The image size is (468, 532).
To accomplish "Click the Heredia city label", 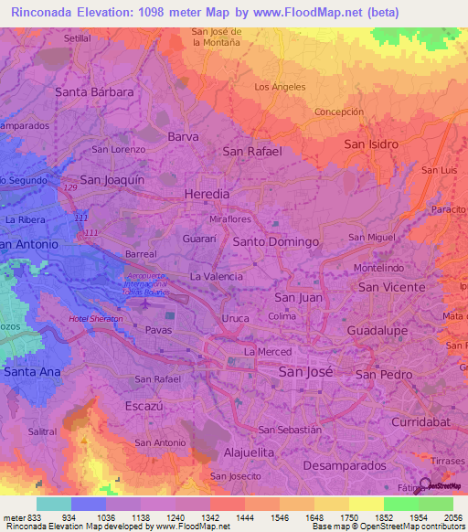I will (x=207, y=196).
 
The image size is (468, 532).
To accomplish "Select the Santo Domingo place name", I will (x=275, y=241).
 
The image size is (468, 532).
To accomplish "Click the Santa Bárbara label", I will (x=94, y=92).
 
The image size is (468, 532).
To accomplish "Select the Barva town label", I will (x=183, y=136).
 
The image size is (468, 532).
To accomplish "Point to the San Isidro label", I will (x=371, y=144).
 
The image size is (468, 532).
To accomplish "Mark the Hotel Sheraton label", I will (x=95, y=319).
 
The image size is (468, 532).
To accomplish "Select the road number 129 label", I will (x=70, y=187).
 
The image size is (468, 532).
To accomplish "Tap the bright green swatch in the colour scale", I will (x=401, y=503).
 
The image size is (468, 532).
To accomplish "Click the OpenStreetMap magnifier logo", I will (x=426, y=484).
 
